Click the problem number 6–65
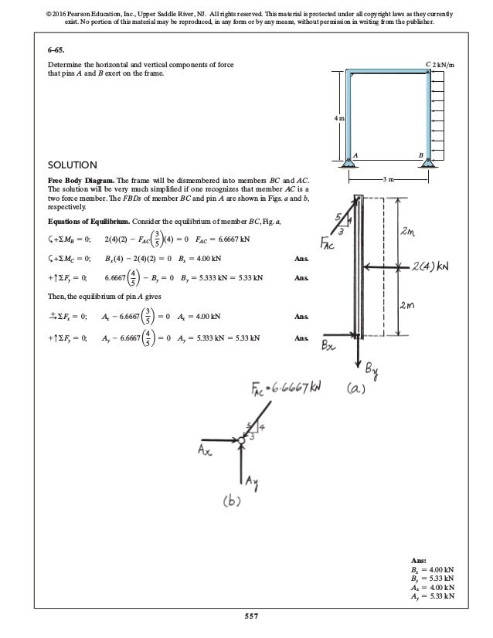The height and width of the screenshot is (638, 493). pos(56,49)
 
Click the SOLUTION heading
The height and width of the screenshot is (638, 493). pos(73,165)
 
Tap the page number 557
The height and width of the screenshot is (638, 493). pos(246,615)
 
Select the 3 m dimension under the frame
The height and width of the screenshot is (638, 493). pos(389,179)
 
